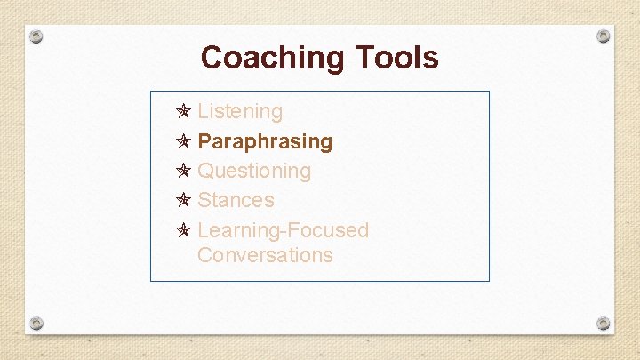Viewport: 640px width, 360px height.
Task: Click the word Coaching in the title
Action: tap(274, 58)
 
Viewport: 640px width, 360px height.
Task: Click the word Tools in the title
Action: tap(397, 58)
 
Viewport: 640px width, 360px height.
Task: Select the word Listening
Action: tap(240, 112)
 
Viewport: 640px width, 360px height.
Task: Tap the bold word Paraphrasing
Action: tap(265, 141)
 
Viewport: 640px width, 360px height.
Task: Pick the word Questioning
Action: tap(254, 171)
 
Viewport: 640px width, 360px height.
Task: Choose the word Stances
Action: tap(236, 200)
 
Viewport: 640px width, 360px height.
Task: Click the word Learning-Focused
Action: tap(283, 230)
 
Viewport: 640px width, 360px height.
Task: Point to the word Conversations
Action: tap(265, 255)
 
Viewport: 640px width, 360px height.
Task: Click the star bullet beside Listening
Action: tap(183, 112)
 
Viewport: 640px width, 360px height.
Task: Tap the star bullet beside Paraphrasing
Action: tap(183, 141)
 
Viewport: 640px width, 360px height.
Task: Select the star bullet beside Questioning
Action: tap(183, 171)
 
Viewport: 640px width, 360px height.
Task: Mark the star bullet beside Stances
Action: tap(183, 200)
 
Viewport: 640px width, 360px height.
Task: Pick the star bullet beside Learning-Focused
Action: tap(183, 230)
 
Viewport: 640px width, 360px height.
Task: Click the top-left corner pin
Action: tap(36, 37)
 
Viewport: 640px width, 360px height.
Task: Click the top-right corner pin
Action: tap(603, 36)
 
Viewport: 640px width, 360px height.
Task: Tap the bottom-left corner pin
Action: tap(36, 322)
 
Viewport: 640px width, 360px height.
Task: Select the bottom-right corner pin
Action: tap(603, 323)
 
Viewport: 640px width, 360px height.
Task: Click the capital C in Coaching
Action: tap(212, 58)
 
